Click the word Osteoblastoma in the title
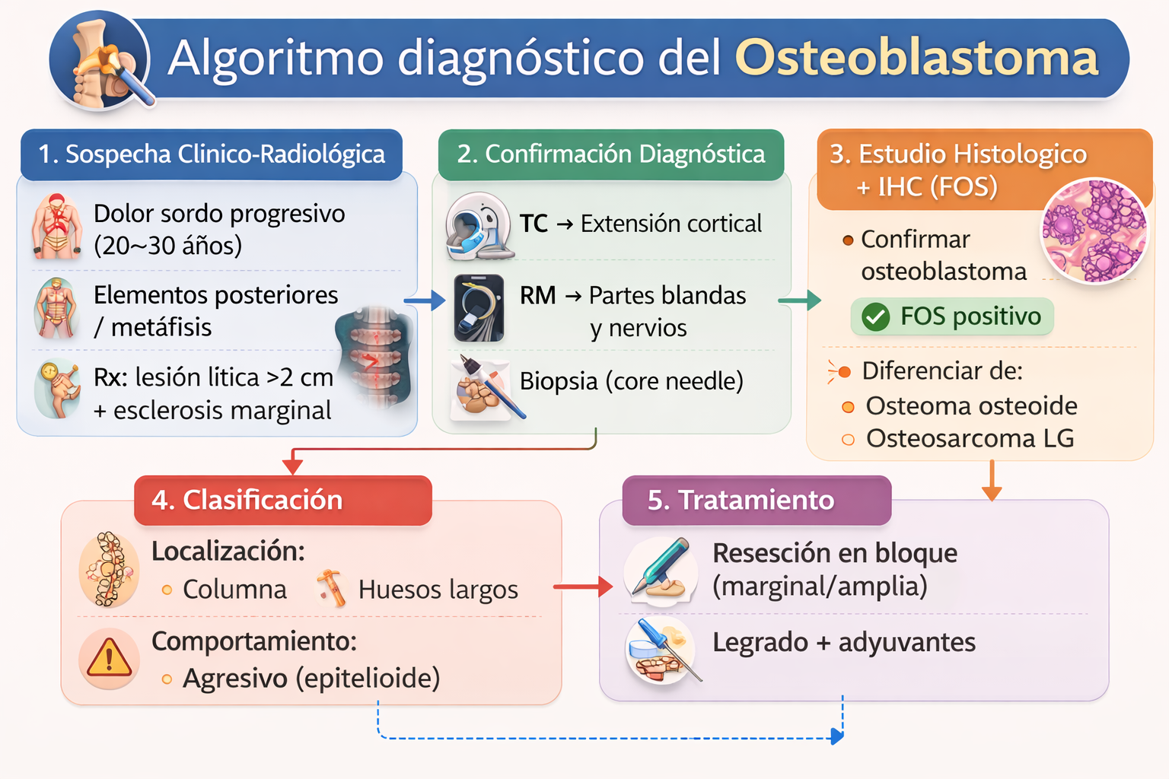tap(916, 59)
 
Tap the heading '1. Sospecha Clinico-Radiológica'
tap(212, 154)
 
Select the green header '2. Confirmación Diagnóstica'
tap(610, 154)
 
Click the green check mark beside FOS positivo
tap(875, 316)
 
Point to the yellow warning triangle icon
tap(109, 658)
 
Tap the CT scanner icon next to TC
tap(478, 226)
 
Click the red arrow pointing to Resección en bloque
tap(583, 587)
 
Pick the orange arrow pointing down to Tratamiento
tap(991, 482)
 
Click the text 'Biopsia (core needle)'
tap(631, 381)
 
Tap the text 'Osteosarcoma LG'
tap(970, 439)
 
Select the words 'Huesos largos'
tap(438, 590)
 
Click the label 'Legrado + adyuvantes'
tap(843, 643)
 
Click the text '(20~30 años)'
tap(167, 246)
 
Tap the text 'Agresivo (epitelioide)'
tap(311, 678)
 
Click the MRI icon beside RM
tap(479, 308)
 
